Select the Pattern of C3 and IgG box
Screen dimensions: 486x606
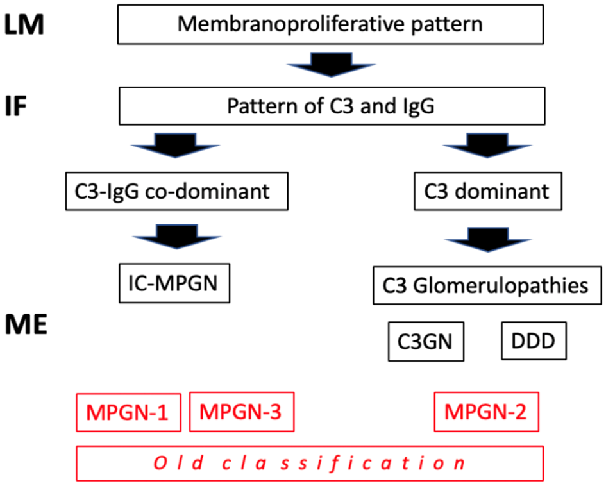(x=330, y=106)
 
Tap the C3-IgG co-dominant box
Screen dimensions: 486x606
(x=174, y=191)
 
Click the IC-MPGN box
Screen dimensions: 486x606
(x=174, y=283)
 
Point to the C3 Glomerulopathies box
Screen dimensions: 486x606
(x=487, y=285)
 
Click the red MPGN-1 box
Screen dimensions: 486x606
(x=128, y=412)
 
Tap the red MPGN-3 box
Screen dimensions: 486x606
(x=242, y=412)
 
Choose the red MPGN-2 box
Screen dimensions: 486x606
(x=487, y=412)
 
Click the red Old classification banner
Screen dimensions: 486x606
(x=310, y=462)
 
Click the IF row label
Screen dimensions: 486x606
(x=17, y=106)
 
